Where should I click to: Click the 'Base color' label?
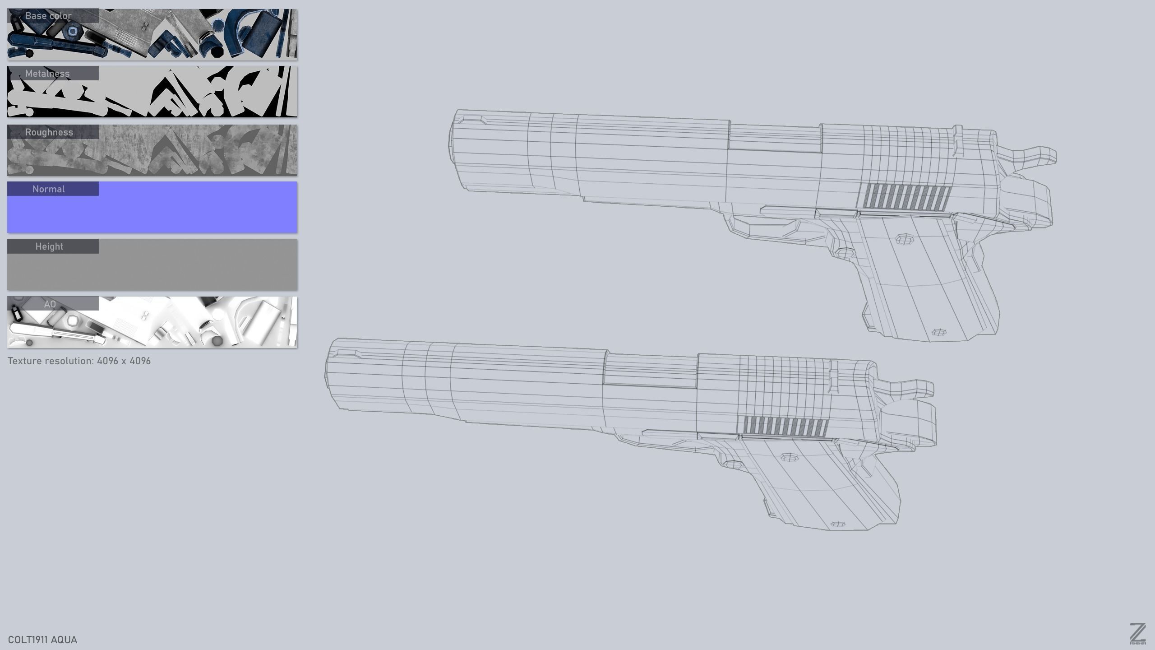click(x=48, y=16)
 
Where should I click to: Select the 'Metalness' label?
click(x=47, y=74)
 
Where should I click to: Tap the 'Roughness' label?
click(x=49, y=132)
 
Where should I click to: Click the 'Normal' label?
click(x=48, y=189)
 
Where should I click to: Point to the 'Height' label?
click(x=49, y=246)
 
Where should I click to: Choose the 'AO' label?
click(x=50, y=304)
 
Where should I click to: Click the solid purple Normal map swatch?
click(x=180, y=212)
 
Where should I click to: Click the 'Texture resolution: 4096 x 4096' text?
click(x=79, y=361)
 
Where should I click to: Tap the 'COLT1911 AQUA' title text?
click(x=42, y=640)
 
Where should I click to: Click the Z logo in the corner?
click(x=1137, y=633)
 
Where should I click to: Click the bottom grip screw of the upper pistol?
click(x=939, y=332)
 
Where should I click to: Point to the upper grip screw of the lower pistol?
click(x=788, y=458)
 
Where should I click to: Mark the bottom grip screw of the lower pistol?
click(x=838, y=524)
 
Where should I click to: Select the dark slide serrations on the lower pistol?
click(x=785, y=427)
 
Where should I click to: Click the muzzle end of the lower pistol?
click(x=332, y=375)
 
